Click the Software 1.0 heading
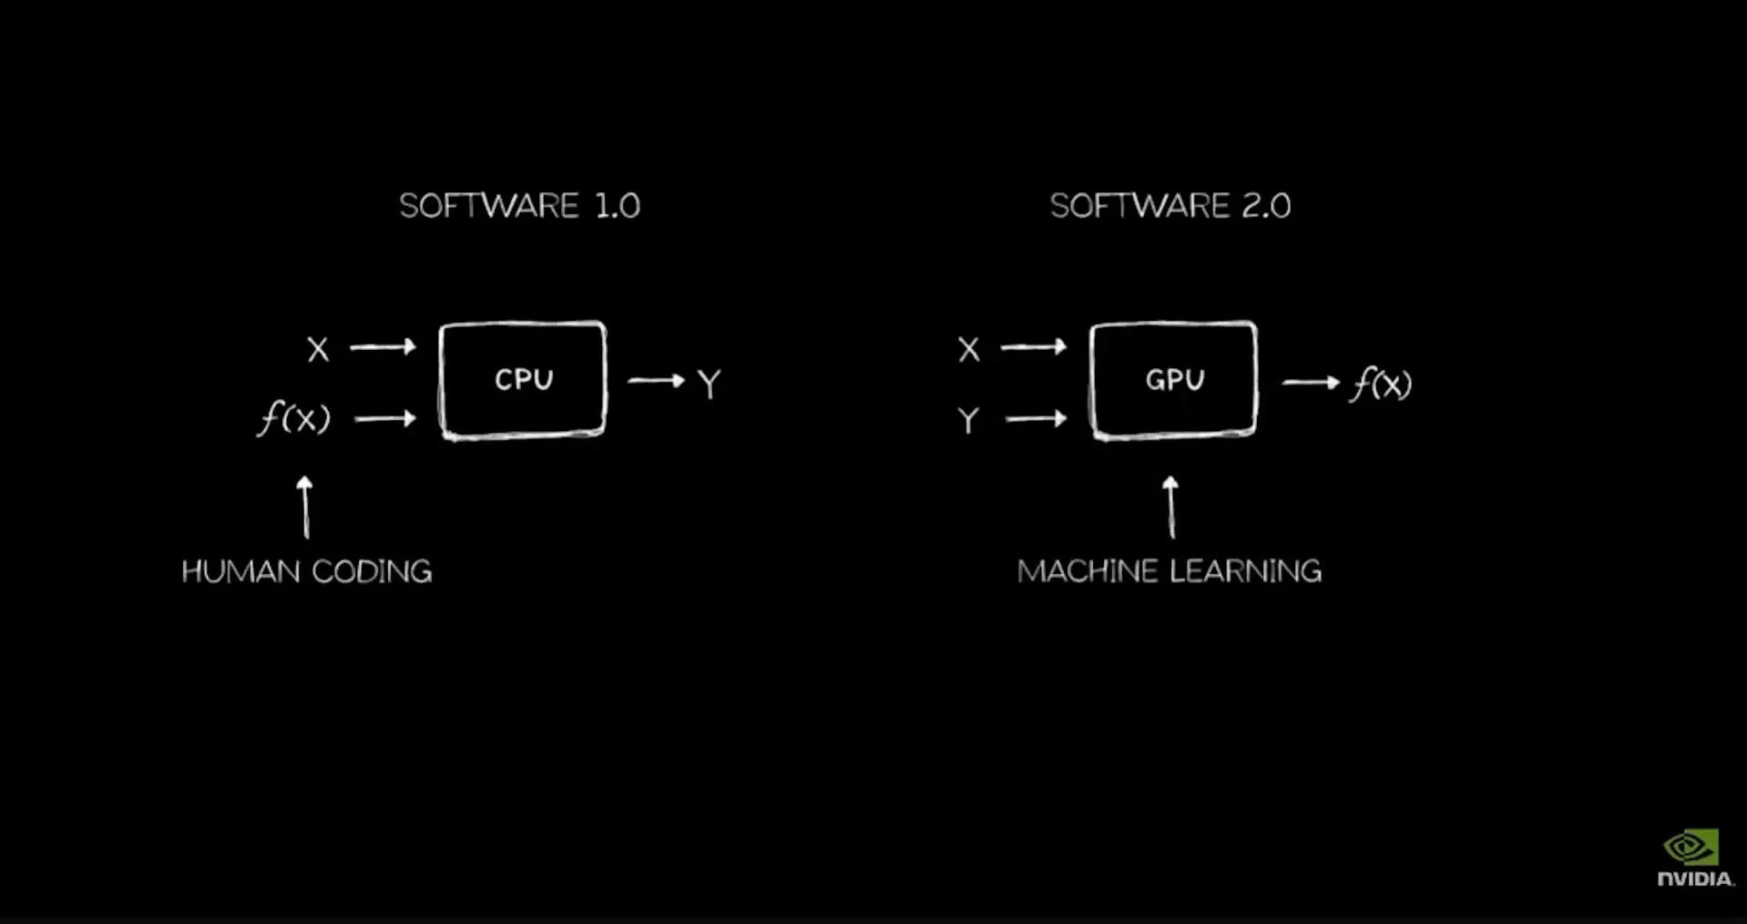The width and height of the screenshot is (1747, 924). click(x=519, y=206)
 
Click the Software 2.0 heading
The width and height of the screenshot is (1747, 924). click(x=1170, y=206)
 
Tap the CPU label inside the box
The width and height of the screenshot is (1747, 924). click(x=524, y=379)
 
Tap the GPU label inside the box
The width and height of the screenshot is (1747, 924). click(x=1175, y=379)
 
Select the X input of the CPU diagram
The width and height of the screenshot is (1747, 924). click(x=318, y=349)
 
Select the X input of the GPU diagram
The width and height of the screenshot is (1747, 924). click(x=969, y=349)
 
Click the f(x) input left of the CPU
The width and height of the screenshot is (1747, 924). click(x=294, y=419)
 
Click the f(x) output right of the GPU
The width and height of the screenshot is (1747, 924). click(x=1381, y=384)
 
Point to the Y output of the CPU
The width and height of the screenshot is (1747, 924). click(x=709, y=384)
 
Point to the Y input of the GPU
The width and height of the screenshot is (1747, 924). click(x=968, y=420)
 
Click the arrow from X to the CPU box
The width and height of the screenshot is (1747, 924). click(x=383, y=346)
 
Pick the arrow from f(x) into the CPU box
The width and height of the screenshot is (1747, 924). click(x=384, y=418)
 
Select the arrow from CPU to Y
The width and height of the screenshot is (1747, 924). click(x=656, y=380)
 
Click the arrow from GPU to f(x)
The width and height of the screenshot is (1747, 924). click(x=1311, y=382)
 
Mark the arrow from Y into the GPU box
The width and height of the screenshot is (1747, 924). click(x=1036, y=418)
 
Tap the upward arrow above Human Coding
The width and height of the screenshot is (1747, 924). click(x=305, y=507)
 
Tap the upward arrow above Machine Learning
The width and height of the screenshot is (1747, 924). click(x=1170, y=507)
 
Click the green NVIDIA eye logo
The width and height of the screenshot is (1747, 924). click(x=1691, y=847)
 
